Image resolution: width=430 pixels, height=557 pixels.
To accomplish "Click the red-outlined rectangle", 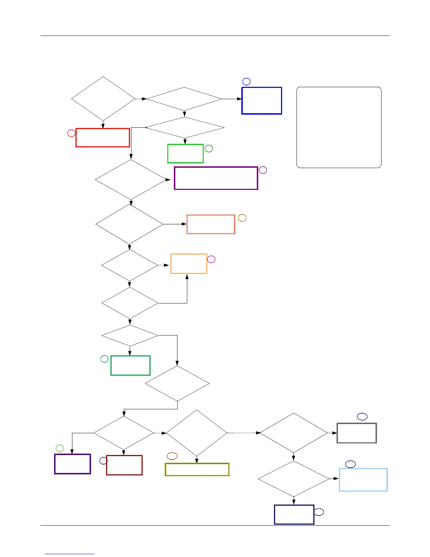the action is pyautogui.click(x=103, y=137).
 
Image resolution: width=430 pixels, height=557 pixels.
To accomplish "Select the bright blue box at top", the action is pyautogui.click(x=262, y=101).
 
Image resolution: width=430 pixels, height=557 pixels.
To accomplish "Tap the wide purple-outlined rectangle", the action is pyautogui.click(x=216, y=178).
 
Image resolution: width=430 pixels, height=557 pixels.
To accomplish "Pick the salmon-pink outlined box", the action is pyautogui.click(x=211, y=224).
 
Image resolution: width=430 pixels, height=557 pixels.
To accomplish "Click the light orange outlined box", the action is pyautogui.click(x=189, y=263).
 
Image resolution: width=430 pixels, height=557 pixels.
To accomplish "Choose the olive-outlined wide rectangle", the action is pyautogui.click(x=197, y=469).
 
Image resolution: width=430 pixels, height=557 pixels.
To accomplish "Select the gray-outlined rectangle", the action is pyautogui.click(x=357, y=433).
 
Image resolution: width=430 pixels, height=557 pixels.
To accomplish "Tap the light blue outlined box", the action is pyautogui.click(x=363, y=480).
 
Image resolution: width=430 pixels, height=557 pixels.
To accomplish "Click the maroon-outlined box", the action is pyautogui.click(x=124, y=465).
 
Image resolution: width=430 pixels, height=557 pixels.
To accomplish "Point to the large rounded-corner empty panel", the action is pyautogui.click(x=339, y=127).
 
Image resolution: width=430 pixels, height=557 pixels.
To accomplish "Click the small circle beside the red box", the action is pyautogui.click(x=71, y=133).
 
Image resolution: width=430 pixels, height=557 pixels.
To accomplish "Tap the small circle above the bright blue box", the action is pyautogui.click(x=246, y=82).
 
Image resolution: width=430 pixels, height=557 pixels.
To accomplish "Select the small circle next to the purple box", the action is pyautogui.click(x=263, y=170).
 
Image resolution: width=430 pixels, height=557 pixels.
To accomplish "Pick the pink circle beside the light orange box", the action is pyautogui.click(x=211, y=259).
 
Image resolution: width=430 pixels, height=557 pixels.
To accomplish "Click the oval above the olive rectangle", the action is pyautogui.click(x=172, y=456).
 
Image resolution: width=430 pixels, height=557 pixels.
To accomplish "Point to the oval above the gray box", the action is pyautogui.click(x=362, y=416).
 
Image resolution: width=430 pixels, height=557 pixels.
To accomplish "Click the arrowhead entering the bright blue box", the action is pyautogui.click(x=240, y=99).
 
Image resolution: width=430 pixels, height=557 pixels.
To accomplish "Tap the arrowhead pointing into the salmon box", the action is pyautogui.click(x=184, y=224).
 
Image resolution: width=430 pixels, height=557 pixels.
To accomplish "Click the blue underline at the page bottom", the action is pyautogui.click(x=70, y=554).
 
